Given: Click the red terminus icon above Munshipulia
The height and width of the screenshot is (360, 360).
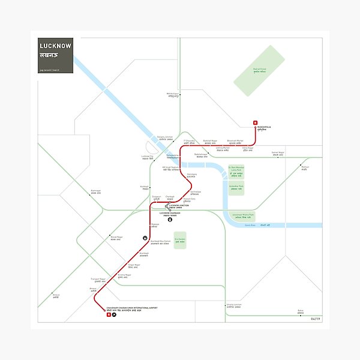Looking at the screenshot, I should point(256,123).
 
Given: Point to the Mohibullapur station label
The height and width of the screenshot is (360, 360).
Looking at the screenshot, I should point(173,95).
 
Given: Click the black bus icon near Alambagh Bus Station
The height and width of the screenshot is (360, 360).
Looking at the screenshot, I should point(145,238).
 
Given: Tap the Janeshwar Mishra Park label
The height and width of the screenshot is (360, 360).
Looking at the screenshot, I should point(244,215).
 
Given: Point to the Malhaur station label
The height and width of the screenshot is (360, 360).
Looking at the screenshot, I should point(305,168).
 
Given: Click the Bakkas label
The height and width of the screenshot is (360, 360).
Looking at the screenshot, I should point(301,311).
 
